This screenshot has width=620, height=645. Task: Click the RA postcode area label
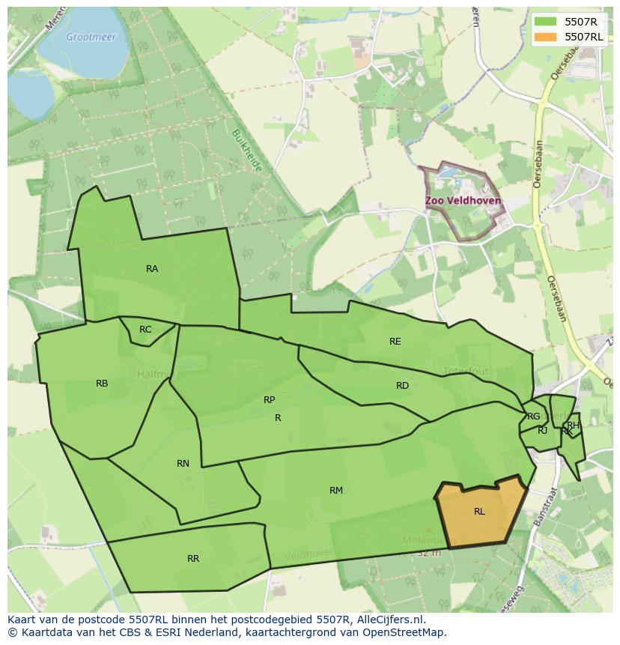click(152, 269)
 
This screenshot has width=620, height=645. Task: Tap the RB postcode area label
click(102, 384)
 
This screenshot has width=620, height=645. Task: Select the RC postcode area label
click(145, 330)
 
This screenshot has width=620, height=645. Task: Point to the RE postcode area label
click(395, 342)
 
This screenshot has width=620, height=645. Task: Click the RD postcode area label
click(402, 386)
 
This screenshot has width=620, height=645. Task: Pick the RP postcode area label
click(270, 400)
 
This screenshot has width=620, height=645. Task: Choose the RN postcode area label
click(183, 464)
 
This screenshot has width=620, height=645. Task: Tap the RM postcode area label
click(336, 491)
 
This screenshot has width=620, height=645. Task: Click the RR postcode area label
click(193, 559)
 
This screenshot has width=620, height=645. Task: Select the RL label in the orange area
click(479, 512)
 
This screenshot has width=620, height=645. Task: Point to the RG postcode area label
click(533, 417)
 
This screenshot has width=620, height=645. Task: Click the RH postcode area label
click(573, 425)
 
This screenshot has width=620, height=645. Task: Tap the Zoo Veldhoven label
click(463, 202)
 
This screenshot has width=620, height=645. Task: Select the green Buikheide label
click(246, 151)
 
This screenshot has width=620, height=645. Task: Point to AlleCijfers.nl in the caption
click(387, 620)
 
